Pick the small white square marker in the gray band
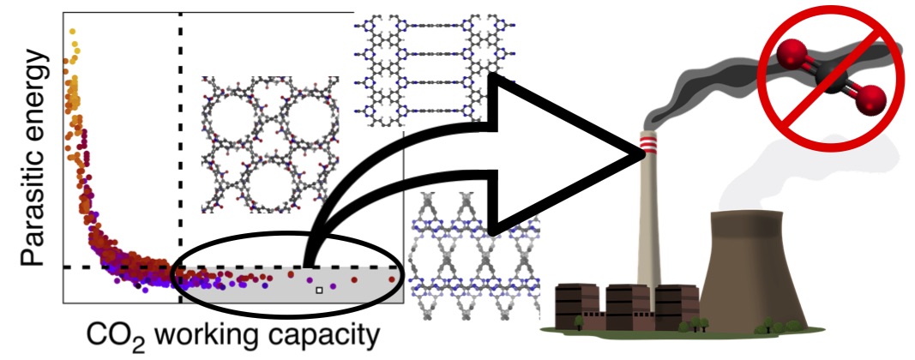[319, 291]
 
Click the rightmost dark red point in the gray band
[393, 279]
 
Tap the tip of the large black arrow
[641, 155]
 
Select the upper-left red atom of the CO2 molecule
[789, 58]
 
